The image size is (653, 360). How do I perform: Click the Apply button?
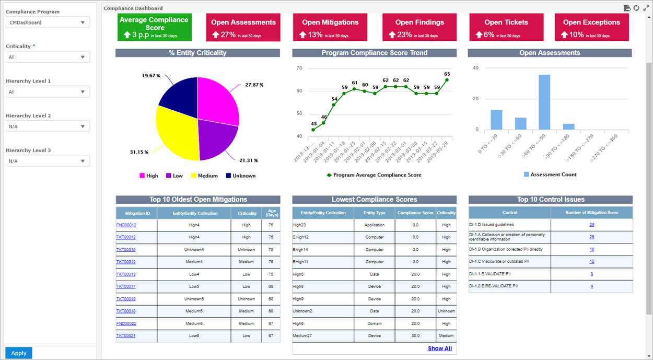coord(19,353)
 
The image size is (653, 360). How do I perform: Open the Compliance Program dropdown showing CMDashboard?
coord(48,22)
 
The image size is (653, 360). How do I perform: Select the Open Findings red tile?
coord(419,27)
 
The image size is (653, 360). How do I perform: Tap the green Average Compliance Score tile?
coord(154,27)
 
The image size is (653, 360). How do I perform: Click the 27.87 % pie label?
coord(254,85)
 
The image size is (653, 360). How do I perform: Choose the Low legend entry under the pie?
coord(174,176)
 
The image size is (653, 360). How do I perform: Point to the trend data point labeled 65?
coord(447,80)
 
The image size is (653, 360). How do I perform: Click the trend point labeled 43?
coord(313,130)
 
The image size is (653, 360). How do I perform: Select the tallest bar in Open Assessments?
coord(544,102)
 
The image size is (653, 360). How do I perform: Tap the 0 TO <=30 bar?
coord(496,120)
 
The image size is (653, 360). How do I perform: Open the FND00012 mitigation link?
coord(126,225)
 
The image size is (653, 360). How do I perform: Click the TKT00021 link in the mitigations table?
coord(126,336)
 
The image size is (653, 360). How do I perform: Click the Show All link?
coord(439,349)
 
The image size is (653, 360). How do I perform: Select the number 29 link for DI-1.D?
coord(592,225)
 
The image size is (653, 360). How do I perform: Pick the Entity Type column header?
coord(375,213)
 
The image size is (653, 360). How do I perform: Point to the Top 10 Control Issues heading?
coord(551,200)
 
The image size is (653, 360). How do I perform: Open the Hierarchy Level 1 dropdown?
coord(48,92)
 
